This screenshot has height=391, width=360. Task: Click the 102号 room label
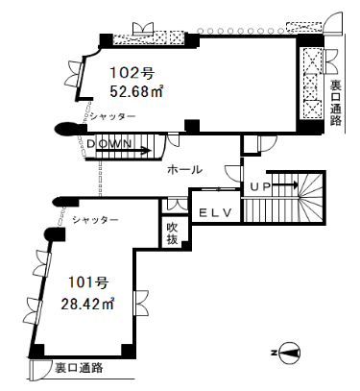click(x=132, y=73)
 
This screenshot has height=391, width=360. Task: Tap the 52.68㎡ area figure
click(x=136, y=91)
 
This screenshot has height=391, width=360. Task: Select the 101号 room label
click(x=88, y=282)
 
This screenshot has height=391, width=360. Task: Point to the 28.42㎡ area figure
click(x=87, y=304)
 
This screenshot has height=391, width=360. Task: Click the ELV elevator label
click(x=215, y=213)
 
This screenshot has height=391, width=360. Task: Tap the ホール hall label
click(x=185, y=169)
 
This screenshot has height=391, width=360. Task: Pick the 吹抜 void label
click(x=172, y=233)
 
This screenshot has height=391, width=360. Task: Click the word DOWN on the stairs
click(x=109, y=144)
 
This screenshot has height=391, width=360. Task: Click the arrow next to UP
click(x=285, y=185)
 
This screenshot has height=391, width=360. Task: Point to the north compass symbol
click(x=289, y=353)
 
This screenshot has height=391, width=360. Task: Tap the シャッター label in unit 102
click(x=112, y=116)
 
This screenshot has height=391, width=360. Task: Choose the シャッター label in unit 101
click(x=95, y=220)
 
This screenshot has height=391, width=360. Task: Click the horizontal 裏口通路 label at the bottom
click(x=79, y=368)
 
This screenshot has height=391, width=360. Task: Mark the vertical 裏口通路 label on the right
click(x=336, y=103)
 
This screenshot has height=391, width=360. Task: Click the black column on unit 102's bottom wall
click(x=192, y=126)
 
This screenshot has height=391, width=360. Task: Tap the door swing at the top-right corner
click(x=333, y=22)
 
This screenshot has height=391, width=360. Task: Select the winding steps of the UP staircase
click(x=311, y=197)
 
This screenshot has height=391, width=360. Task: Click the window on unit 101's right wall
click(x=140, y=303)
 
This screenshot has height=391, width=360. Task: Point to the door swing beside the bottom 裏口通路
click(x=39, y=370)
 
